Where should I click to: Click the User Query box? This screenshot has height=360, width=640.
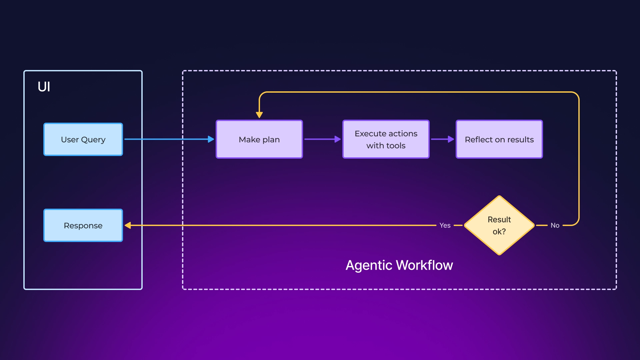83,139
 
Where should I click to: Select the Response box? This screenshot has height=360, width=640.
83,225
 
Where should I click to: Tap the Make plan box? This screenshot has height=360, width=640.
259,139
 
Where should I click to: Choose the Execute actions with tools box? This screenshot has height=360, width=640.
386,139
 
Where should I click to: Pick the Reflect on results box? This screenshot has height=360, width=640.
499,139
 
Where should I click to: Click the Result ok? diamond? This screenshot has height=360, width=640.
499,225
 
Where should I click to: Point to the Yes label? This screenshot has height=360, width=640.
445,225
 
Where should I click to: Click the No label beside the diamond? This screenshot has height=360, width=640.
555,225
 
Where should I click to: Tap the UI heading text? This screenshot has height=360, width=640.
44,87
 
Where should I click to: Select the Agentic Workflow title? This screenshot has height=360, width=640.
399,265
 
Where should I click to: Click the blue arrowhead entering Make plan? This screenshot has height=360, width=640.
211,139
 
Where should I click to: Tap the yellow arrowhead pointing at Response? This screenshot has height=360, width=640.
128,225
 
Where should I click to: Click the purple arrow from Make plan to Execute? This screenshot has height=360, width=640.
322,139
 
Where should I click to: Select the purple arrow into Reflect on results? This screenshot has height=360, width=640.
442,139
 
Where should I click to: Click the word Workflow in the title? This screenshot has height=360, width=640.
424,265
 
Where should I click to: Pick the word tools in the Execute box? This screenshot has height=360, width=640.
395,146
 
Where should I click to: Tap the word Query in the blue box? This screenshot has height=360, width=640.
93,140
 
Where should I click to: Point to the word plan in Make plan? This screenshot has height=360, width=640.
271,140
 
